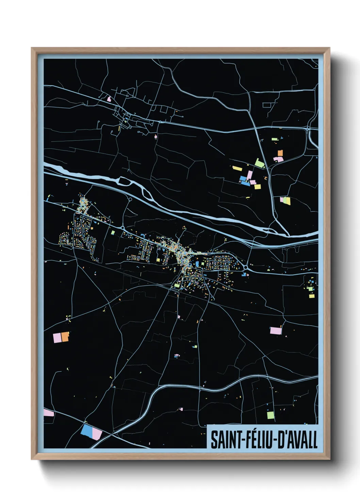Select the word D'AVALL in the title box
point(298,440)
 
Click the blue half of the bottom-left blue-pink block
point(87,431)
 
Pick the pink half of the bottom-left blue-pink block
point(97,434)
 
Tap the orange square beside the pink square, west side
point(65,337)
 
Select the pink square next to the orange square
point(57,338)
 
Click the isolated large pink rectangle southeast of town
point(275,330)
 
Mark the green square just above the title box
point(271,415)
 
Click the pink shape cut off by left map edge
point(49,413)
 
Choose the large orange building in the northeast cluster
point(280,153)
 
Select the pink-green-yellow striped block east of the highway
point(285,201)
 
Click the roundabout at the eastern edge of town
point(246,268)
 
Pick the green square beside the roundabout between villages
point(113,233)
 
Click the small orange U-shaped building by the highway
point(266,178)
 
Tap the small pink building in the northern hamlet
point(109,99)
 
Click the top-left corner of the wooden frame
point(32,48)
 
